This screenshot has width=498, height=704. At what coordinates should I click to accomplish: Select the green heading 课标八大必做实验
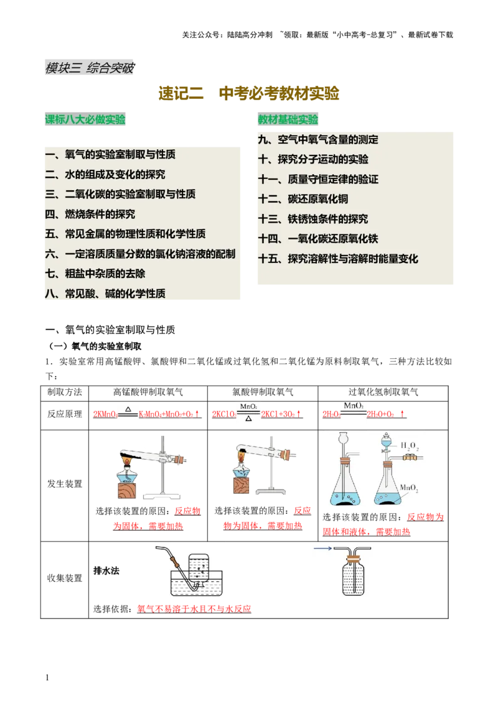pos(85,120)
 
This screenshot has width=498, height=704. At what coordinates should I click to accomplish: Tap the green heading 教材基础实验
pos(288,120)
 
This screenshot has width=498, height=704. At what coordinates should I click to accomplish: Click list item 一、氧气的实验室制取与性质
pos(110,155)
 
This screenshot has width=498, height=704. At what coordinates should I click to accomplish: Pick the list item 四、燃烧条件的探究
pos(90,215)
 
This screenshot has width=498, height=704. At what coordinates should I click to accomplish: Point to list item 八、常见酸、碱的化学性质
pos(105,294)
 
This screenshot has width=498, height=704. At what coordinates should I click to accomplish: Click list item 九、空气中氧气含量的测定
pos(318,140)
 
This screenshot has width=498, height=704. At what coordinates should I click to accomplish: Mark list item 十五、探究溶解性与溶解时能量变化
pos(338,259)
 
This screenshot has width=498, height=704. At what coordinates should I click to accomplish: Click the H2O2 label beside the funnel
pos(409,446)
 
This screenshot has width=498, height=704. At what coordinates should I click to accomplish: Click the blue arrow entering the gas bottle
pos(322,549)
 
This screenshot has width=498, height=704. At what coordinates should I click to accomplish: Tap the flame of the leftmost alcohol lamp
pos(127,461)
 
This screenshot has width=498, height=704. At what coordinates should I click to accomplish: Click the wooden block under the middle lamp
pos(240,486)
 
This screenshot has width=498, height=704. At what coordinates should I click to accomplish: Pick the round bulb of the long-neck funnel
pos(343,438)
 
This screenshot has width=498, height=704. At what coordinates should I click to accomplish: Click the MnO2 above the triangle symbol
pos(248,407)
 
